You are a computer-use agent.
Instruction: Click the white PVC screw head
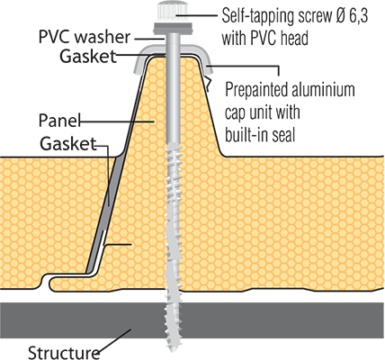[x=174, y=12]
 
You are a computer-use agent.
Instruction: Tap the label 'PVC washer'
[x=85, y=37]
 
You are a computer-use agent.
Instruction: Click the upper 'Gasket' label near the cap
[x=88, y=56]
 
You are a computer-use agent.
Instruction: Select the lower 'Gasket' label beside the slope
[x=68, y=143]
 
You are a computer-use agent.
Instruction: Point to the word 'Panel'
[x=59, y=121]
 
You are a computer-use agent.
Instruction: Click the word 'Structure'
[x=64, y=352]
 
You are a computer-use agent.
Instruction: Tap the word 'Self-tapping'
[x=258, y=15]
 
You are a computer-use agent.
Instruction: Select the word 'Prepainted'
[x=254, y=89]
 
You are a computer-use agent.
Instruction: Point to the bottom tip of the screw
[x=173, y=350]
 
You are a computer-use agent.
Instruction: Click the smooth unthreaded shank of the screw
[x=173, y=87]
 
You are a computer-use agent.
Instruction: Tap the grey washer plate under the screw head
[x=173, y=28]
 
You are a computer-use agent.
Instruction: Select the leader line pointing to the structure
[x=115, y=340]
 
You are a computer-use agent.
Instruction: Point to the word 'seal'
[x=284, y=135]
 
